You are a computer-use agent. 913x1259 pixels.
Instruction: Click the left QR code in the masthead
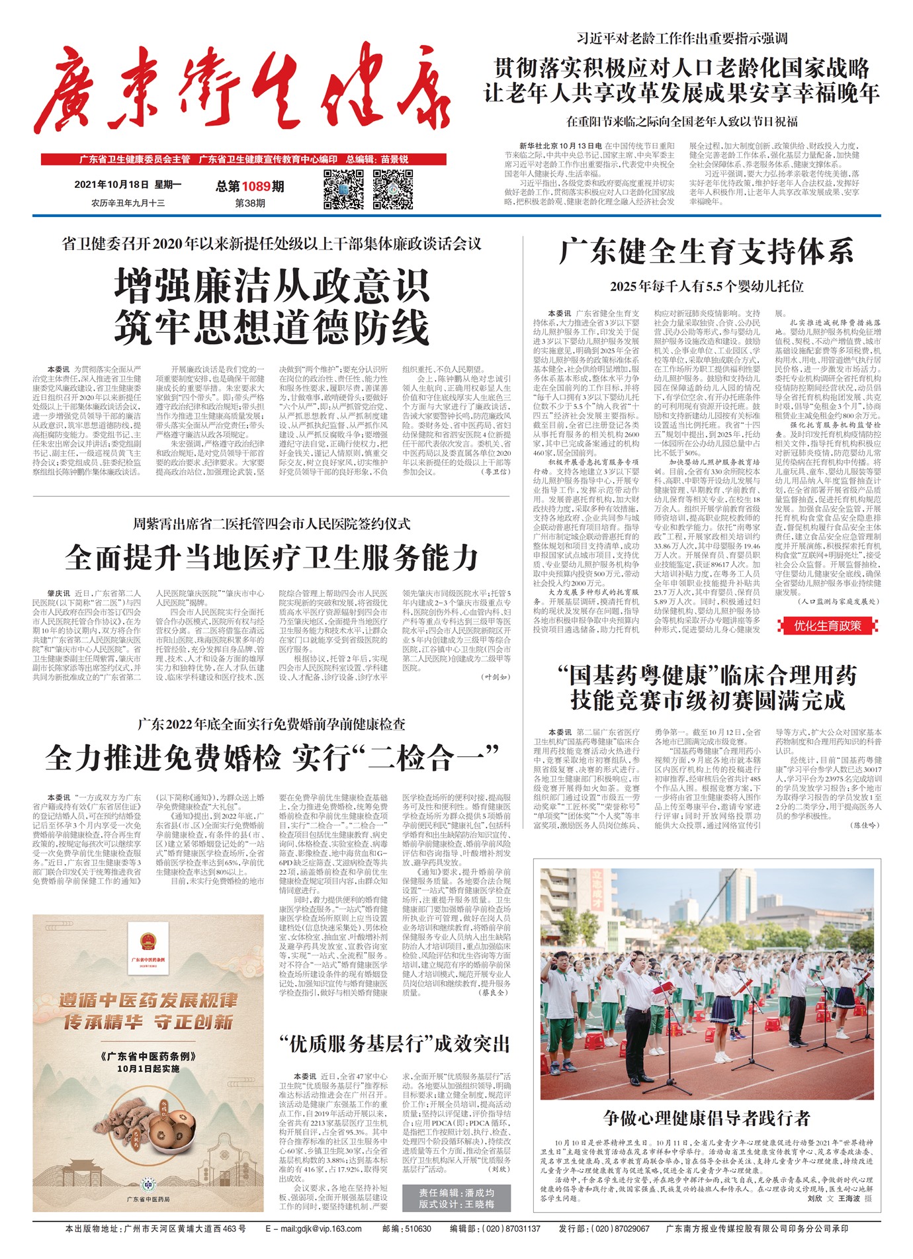pos(343,189)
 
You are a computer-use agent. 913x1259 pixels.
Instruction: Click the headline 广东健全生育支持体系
pos(706,252)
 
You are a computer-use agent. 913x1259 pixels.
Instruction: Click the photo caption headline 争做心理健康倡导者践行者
pos(706,1118)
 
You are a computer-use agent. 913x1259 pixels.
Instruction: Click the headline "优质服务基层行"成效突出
pos(394,1044)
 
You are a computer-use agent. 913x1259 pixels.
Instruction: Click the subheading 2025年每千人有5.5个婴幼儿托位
pos(706,286)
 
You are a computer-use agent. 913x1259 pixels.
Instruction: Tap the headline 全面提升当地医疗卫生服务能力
pos(271,558)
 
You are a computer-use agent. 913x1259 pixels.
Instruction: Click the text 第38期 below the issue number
pos(249,203)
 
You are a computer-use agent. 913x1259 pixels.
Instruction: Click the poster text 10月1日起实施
pos(148,1068)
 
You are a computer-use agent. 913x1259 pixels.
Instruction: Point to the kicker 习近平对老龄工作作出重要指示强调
pos(681,38)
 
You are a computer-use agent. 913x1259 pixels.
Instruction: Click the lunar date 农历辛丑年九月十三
pos(128,203)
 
